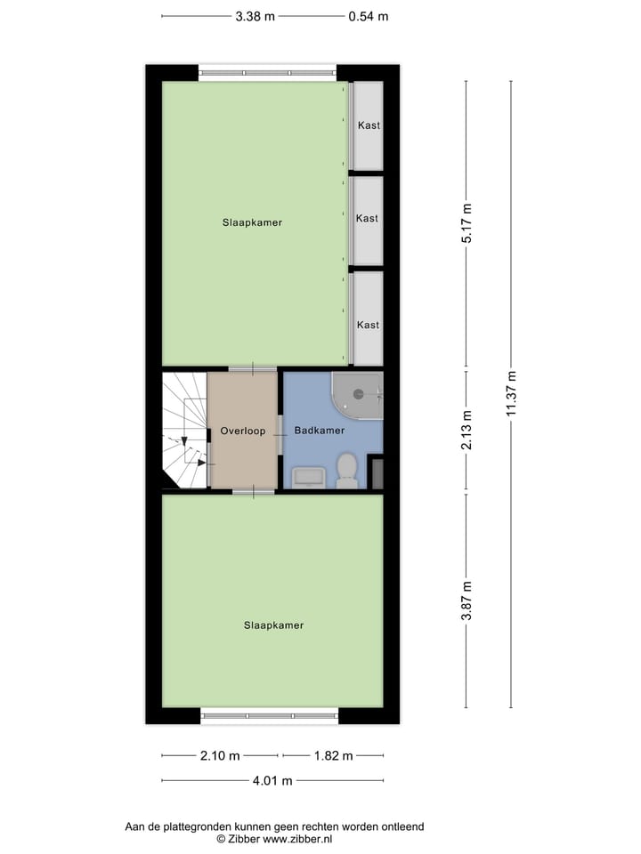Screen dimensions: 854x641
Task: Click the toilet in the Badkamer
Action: tap(347, 470)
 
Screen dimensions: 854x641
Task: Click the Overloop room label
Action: tap(242, 431)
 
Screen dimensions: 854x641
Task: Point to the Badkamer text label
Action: tap(319, 431)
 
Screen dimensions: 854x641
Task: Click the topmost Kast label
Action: tap(368, 125)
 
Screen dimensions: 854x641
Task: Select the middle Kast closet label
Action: tap(367, 218)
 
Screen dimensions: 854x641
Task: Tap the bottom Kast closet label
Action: tap(368, 325)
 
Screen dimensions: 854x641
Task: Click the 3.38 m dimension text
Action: tap(256, 16)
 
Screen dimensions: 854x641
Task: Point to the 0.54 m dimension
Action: tap(368, 16)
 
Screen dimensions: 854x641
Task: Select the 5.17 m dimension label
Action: tap(467, 223)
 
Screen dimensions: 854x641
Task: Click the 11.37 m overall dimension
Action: tap(511, 393)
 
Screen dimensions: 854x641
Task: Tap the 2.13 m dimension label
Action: tap(467, 431)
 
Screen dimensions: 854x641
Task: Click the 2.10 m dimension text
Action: tap(221, 756)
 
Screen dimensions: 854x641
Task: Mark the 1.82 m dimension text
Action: tap(334, 756)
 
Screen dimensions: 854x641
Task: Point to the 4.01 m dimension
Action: tap(272, 781)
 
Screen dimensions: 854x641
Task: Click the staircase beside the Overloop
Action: tap(183, 431)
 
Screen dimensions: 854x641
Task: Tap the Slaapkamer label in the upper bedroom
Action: tap(252, 222)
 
